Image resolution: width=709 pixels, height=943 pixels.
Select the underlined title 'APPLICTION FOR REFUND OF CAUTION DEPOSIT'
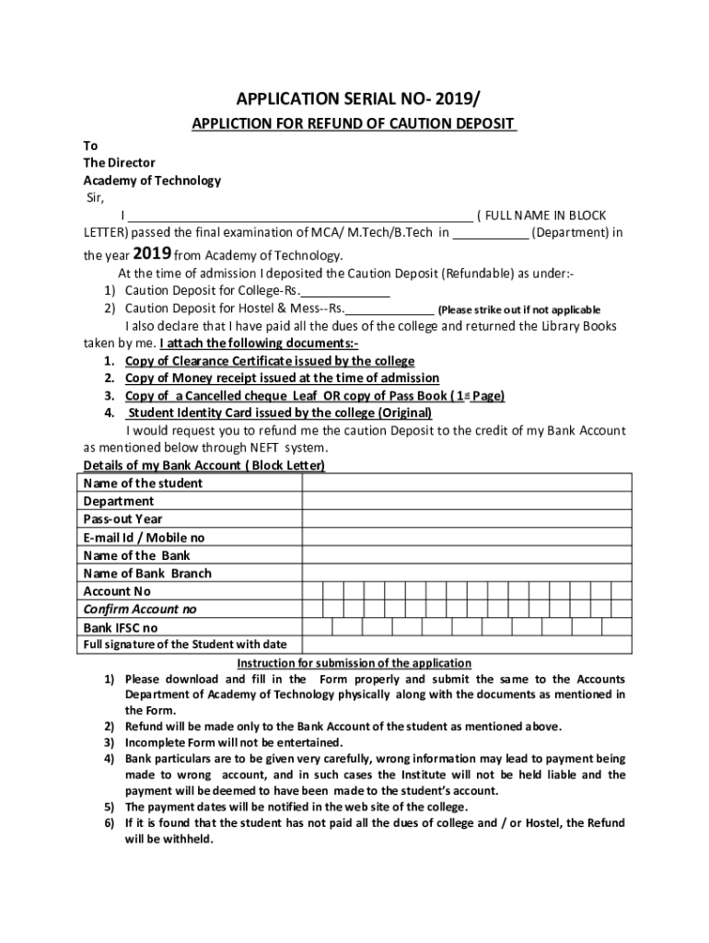coord(354,124)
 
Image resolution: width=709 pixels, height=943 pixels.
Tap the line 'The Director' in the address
coord(119,163)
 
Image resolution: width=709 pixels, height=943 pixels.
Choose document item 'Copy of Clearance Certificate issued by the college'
coord(270,361)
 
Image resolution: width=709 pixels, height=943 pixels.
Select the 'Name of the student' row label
coord(143,483)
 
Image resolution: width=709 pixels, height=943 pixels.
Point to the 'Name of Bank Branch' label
coord(147,573)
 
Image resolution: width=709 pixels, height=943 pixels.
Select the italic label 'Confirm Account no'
coord(140,609)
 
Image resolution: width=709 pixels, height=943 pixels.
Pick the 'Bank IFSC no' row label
coord(121,627)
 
